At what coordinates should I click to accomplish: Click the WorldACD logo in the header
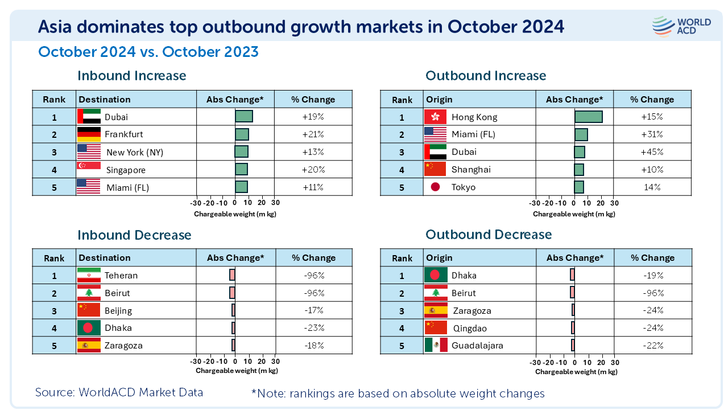pyautogui.click(x=681, y=26)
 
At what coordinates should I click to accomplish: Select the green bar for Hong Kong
pyautogui.click(x=588, y=117)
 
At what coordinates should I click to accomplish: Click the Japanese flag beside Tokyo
pyautogui.click(x=436, y=187)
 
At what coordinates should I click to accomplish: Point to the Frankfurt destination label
pyautogui.click(x=124, y=134)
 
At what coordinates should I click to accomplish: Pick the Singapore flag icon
pyautogui.click(x=88, y=170)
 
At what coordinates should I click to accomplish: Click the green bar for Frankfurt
pyautogui.click(x=242, y=134)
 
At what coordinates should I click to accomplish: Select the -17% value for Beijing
pyautogui.click(x=314, y=310)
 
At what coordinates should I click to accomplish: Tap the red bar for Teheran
pyautogui.click(x=232, y=275)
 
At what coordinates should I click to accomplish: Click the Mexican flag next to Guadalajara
pyautogui.click(x=436, y=345)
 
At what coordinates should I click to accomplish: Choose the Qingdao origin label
pyautogui.click(x=470, y=328)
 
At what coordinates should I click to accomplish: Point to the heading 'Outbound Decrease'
pyautogui.click(x=489, y=235)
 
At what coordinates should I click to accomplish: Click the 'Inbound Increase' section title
pyautogui.click(x=131, y=76)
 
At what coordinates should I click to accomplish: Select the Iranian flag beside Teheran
pyautogui.click(x=88, y=275)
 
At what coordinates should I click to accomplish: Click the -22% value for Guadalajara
pyautogui.click(x=651, y=345)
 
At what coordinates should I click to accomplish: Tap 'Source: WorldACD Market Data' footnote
pyautogui.click(x=119, y=392)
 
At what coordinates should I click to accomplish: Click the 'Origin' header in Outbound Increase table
pyautogui.click(x=439, y=100)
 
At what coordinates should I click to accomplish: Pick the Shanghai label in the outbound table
pyautogui.click(x=471, y=170)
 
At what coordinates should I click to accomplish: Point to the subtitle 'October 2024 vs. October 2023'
pyautogui.click(x=148, y=52)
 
